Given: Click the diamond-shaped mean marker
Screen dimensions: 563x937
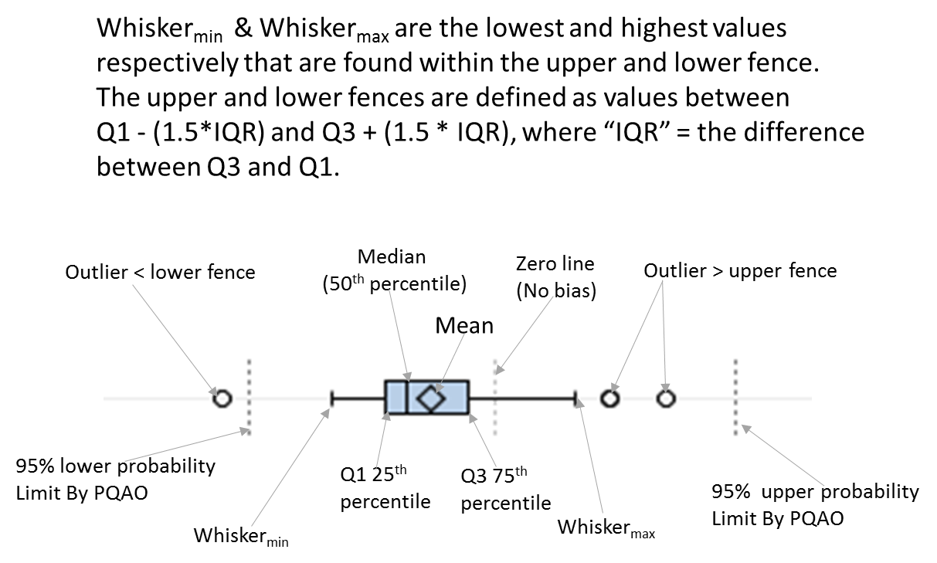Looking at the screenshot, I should coord(429,399).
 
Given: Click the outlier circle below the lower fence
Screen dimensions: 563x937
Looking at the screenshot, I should coord(222,399).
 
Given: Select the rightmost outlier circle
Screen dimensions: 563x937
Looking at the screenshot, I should coord(666,399).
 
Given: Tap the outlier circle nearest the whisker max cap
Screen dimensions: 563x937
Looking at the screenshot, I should coord(610,399).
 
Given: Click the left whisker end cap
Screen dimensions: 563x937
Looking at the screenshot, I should coord(331,399).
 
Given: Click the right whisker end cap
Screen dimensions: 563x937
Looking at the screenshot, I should coord(575,399).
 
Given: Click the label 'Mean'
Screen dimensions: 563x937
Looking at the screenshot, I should coord(464,325).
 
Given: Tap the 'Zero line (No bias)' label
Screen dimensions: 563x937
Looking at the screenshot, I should coord(555,277).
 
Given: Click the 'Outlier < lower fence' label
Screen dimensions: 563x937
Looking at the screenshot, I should coord(160,272).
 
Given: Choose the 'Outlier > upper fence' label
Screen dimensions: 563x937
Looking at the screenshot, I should coord(740,270).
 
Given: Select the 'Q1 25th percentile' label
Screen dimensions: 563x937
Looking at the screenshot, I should coord(385,488).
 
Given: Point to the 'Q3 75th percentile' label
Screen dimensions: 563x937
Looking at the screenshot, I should coord(505,489).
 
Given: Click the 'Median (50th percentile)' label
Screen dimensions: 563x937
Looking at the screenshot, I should coord(394,270).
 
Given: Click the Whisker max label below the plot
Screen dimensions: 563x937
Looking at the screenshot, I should coord(606,528).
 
